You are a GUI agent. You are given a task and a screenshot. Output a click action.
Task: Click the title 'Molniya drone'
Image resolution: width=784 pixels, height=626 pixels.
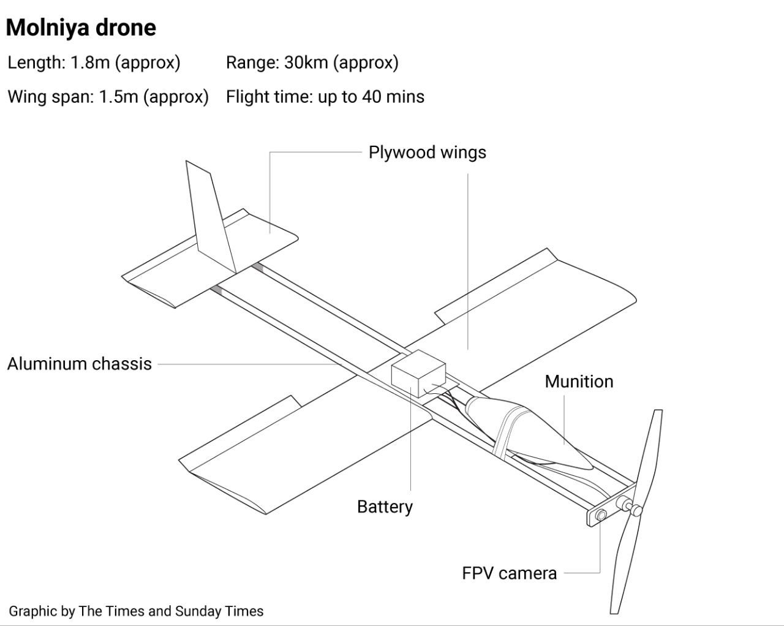pos(81,28)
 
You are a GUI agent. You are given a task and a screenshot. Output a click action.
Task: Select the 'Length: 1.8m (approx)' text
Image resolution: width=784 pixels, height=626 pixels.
pos(94,62)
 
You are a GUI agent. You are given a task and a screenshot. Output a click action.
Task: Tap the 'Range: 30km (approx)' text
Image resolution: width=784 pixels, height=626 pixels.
pos(312,62)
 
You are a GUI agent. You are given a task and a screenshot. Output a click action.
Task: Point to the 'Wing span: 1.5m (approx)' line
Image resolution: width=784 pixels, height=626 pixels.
pos(108,97)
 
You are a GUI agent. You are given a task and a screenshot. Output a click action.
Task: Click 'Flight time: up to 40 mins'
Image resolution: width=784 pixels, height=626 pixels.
pos(325,97)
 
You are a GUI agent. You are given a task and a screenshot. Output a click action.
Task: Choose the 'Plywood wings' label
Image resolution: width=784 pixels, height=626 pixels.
pos(427,153)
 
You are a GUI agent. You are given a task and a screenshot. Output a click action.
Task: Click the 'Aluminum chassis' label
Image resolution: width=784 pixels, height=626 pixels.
pos(80,364)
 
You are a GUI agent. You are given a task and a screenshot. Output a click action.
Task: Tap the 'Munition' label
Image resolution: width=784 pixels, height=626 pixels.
pos(579,382)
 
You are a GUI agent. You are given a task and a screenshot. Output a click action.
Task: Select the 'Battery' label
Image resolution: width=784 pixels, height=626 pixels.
pos(385,507)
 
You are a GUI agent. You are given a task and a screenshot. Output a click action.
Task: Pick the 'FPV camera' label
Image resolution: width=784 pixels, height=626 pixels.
pos(509,573)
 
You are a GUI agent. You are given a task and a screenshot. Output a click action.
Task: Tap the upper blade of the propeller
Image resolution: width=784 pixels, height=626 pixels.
pos(650,453)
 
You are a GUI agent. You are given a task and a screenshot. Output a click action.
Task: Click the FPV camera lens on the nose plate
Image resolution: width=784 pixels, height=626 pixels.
pos(601,515)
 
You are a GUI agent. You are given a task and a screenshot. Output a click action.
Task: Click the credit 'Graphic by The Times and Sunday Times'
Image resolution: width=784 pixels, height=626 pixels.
pos(136,611)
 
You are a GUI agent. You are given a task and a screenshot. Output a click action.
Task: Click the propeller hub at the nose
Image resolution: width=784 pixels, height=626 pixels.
pos(634,508)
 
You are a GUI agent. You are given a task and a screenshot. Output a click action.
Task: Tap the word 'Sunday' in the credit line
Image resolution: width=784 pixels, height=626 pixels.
pos(197,611)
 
